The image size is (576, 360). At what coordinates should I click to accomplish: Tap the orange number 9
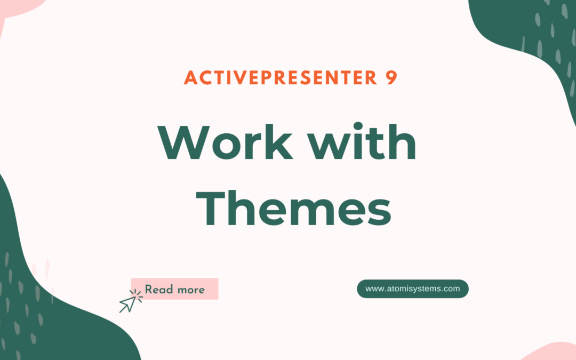click(390, 78)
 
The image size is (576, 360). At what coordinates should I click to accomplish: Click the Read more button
click(175, 290)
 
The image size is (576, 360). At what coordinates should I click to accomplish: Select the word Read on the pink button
click(158, 290)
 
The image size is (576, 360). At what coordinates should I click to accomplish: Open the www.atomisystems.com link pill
click(412, 289)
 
